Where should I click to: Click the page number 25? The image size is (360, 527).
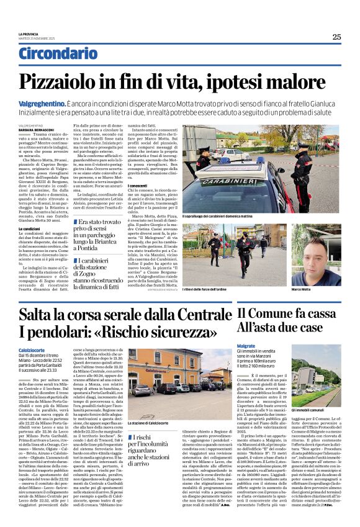[x=336, y=37]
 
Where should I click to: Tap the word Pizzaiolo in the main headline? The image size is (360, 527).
[x=78, y=82]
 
